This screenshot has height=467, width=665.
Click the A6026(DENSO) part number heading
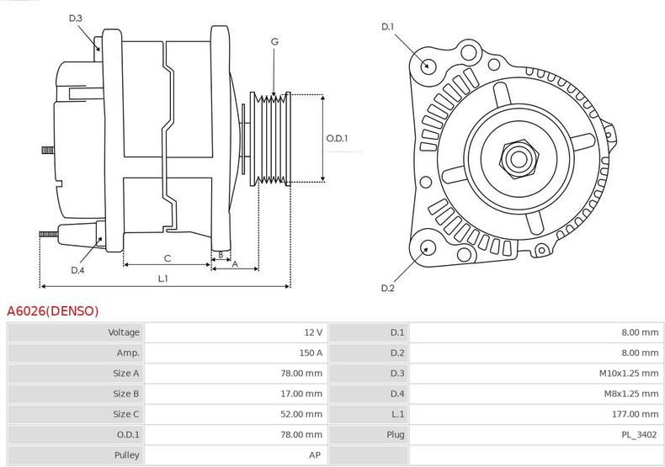tap(53, 311)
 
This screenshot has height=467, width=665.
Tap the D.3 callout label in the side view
tap(76, 18)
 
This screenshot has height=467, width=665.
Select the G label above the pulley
tap(274, 40)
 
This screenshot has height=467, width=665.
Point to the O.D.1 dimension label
tap(337, 139)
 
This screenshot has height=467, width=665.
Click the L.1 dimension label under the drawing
tap(163, 279)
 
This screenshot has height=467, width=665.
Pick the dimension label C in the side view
tap(168, 257)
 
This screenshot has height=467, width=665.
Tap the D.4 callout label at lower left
tap(77, 270)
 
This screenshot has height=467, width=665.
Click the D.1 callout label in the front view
tap(387, 27)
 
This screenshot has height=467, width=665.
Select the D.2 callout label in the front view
tap(387, 289)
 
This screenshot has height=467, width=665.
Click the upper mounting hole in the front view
tap(428, 65)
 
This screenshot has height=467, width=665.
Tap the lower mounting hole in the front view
tap(427, 247)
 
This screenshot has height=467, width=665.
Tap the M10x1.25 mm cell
tap(630, 373)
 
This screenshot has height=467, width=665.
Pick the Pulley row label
tap(126, 454)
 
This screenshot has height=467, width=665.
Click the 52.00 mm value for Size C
tap(301, 414)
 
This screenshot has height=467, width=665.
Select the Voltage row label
tap(124, 332)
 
